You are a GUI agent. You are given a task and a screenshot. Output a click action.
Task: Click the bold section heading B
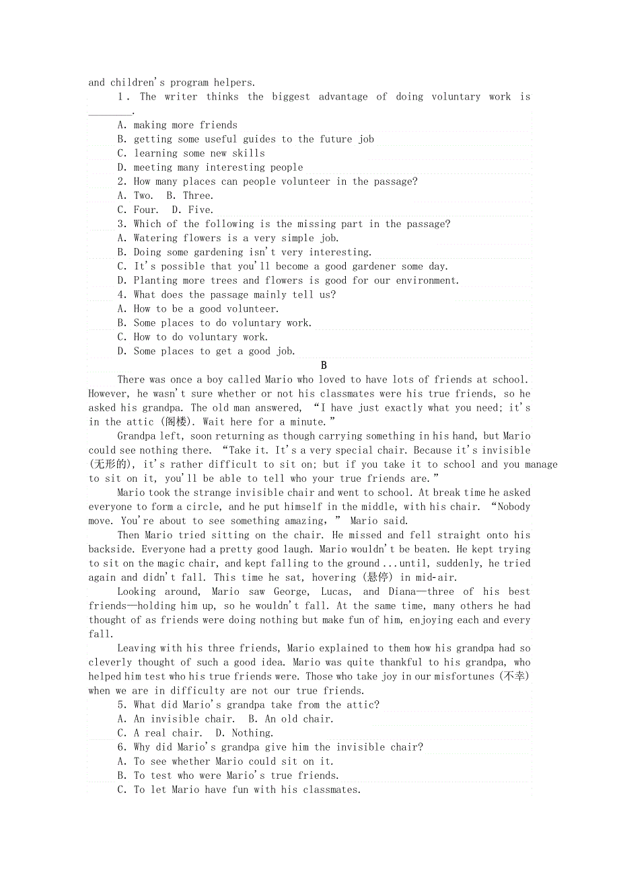pos(324,366)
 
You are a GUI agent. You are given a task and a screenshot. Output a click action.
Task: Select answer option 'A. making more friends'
pos(177,125)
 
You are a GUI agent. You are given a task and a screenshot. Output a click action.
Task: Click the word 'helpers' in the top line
pos(234,83)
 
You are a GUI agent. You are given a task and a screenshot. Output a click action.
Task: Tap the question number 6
pos(121,747)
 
